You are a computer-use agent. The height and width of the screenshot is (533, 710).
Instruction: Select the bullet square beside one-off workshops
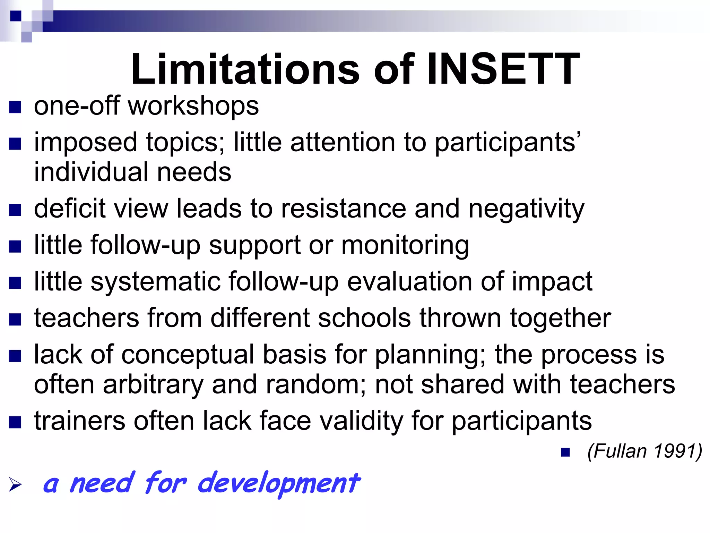(15, 107)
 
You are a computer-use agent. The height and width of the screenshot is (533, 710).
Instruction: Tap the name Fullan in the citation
(617, 451)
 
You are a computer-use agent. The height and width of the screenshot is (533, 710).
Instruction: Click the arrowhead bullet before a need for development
(15, 484)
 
